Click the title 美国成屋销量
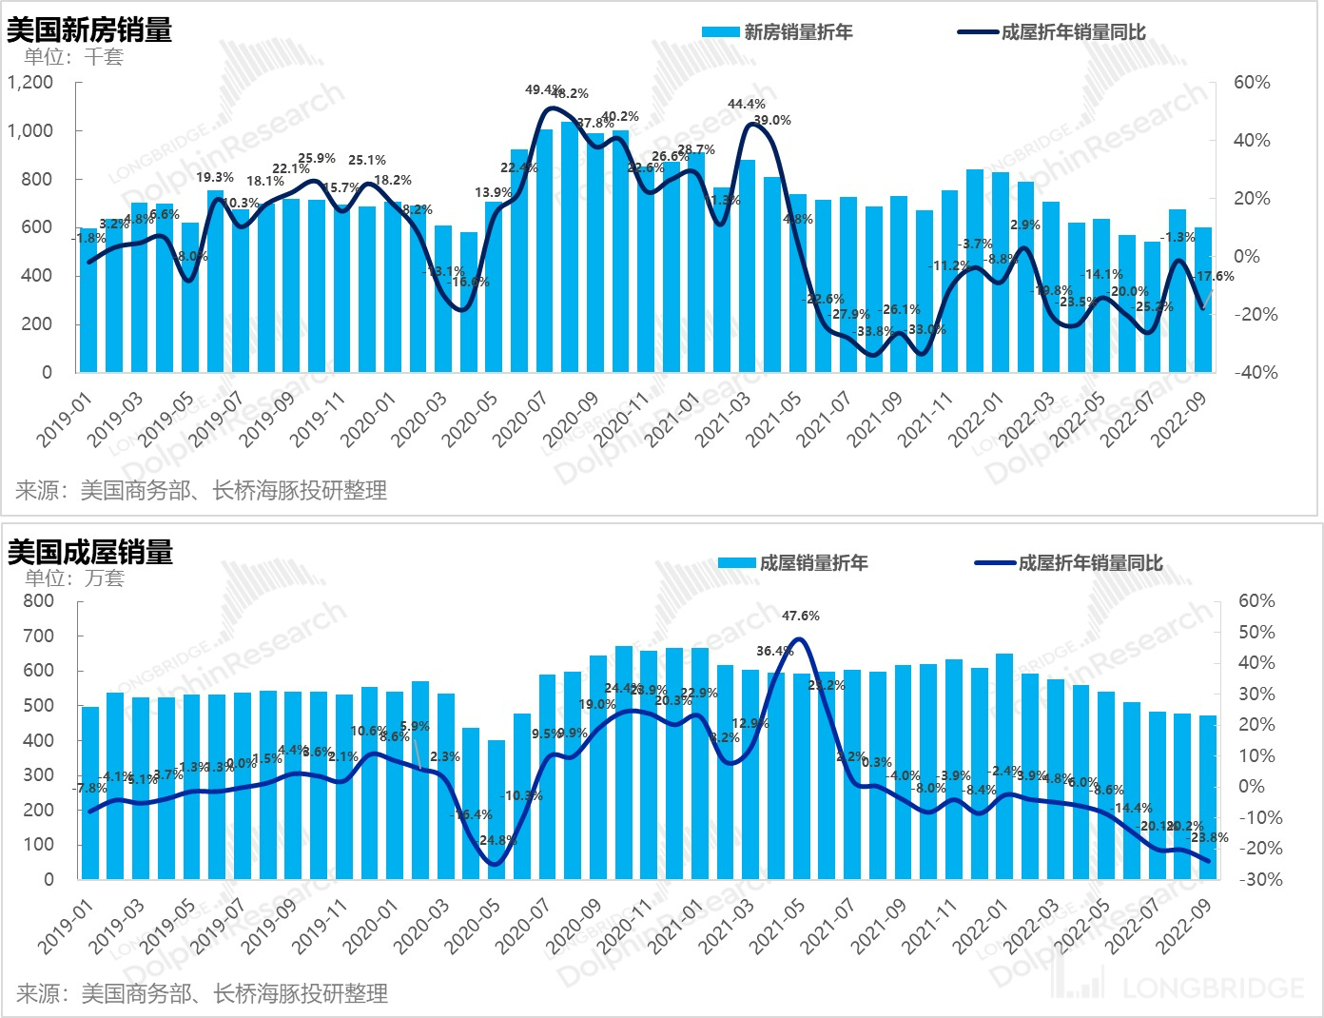[x=90, y=552]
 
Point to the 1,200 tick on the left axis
[x=30, y=83]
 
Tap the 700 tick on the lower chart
[x=39, y=636]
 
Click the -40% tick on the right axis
[x=1256, y=372]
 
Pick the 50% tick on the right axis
[x=1256, y=632]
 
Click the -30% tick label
[x=1260, y=879]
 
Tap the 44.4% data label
[x=747, y=104]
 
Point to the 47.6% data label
[x=801, y=616]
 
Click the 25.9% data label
[x=317, y=159]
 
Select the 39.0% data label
[x=772, y=120]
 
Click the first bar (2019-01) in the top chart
[x=88, y=300]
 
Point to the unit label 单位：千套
[x=74, y=57]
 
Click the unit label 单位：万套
[x=75, y=578]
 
